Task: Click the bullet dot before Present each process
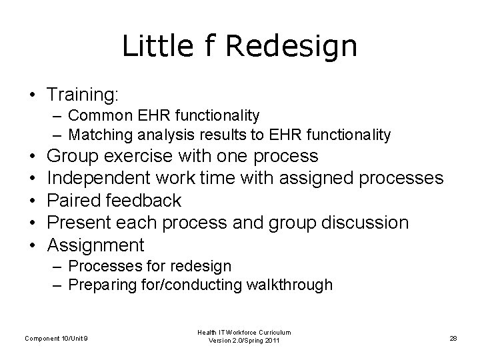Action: [32, 223]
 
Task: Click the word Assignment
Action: [96, 244]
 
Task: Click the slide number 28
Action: [453, 339]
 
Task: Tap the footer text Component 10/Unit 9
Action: [56, 339]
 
